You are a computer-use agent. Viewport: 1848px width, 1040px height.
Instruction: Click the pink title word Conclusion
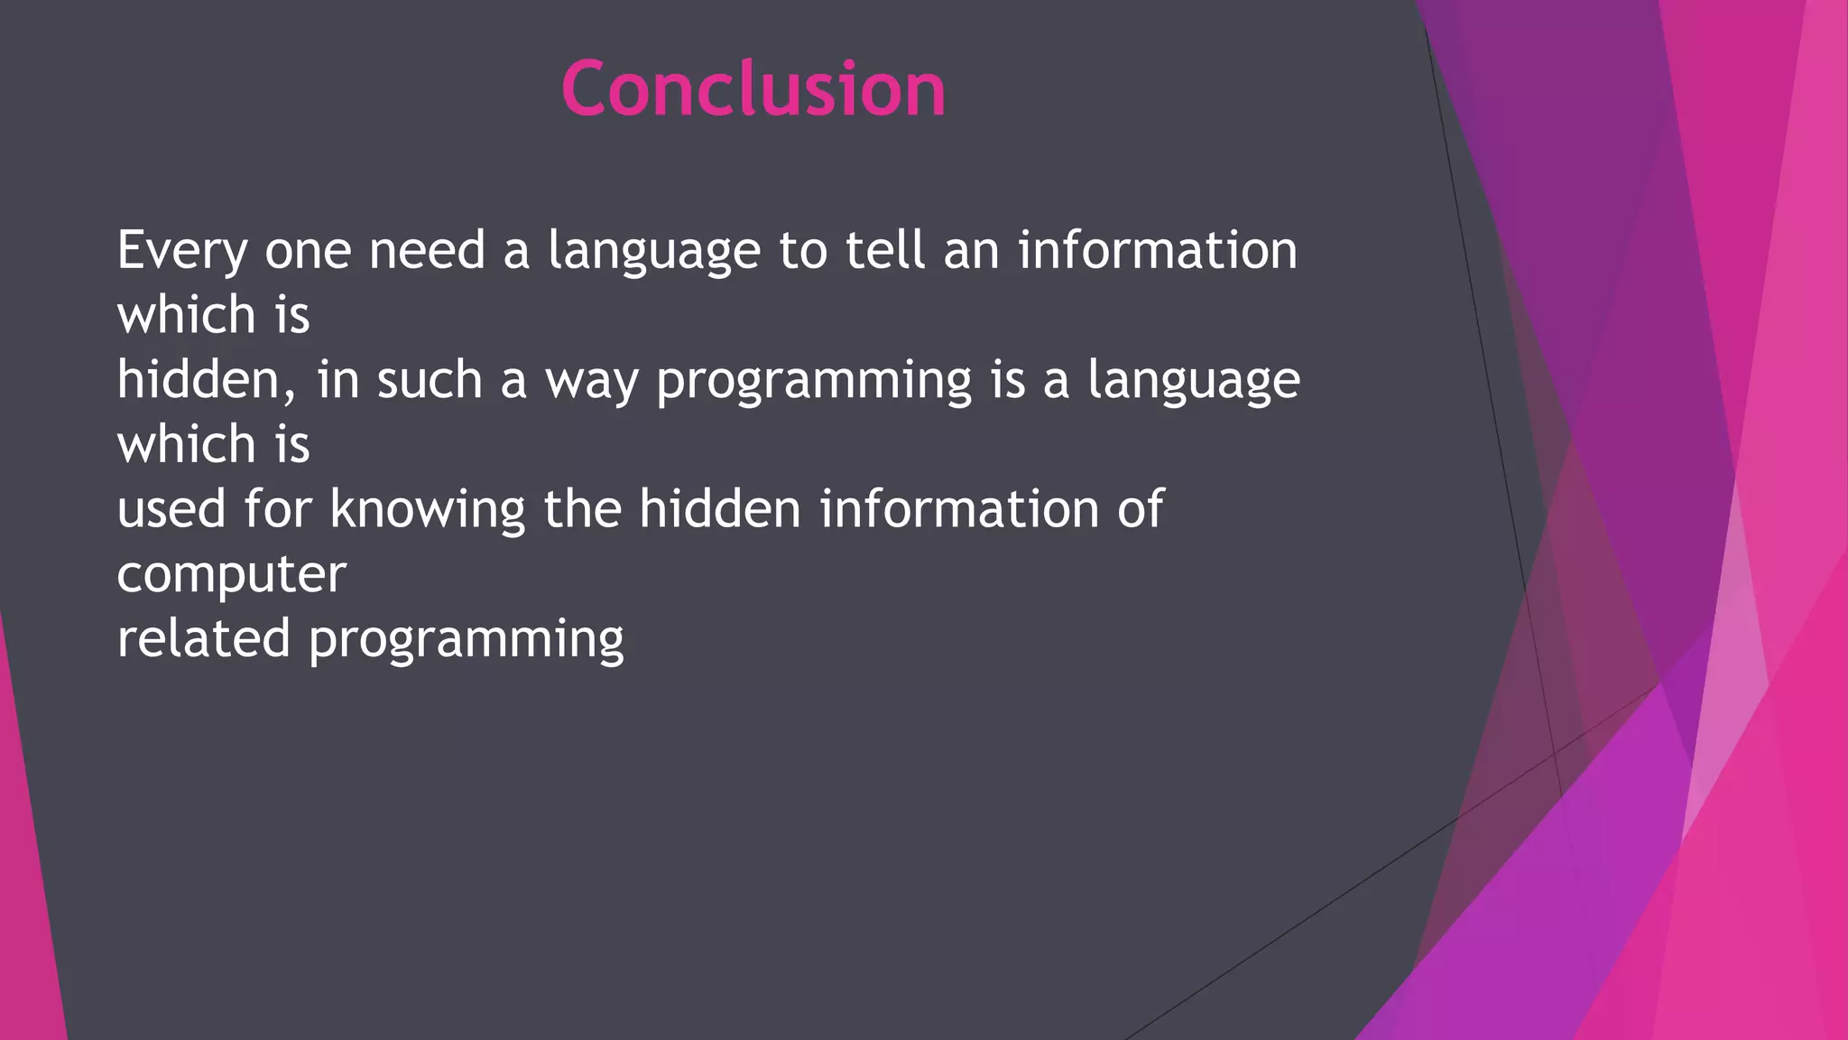point(753,88)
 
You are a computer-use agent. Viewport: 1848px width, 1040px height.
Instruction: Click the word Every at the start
point(181,251)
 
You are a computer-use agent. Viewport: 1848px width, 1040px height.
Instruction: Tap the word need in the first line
point(427,250)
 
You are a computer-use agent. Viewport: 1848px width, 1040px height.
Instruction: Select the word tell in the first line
point(885,250)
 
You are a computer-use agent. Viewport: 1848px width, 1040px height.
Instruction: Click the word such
point(430,379)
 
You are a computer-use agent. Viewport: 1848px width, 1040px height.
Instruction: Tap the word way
point(591,381)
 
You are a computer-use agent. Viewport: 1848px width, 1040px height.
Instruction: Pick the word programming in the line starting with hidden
point(813,381)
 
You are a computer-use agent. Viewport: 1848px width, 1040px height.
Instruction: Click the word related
point(204,638)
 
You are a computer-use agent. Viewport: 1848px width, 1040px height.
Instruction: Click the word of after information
point(1141,509)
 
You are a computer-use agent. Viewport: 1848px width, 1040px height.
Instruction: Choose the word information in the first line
point(1158,250)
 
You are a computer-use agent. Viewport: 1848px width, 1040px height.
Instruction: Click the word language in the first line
point(654,252)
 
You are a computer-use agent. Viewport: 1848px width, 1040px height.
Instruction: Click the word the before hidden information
point(582,509)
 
